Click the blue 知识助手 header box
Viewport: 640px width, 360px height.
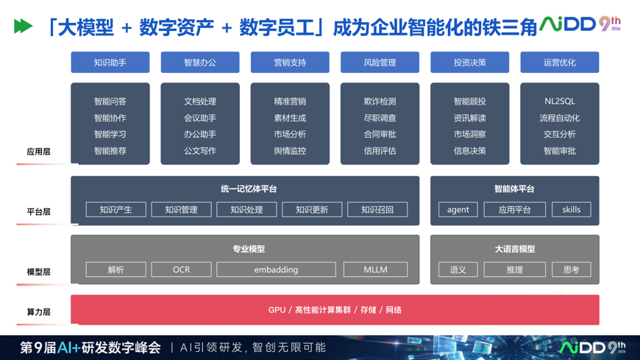click(110, 62)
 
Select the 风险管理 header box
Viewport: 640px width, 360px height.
click(380, 62)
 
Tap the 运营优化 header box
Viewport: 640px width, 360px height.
click(560, 62)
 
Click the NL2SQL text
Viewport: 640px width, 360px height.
click(560, 102)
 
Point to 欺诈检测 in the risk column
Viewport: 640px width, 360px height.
click(380, 102)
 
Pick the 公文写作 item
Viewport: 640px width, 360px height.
click(200, 151)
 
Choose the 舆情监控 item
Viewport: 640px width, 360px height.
click(290, 151)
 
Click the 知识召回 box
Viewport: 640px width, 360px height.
click(377, 210)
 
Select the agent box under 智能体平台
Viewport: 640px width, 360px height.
click(458, 210)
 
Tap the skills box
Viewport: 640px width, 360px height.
click(571, 210)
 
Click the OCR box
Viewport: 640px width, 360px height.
click(181, 269)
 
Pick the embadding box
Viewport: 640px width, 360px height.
click(277, 269)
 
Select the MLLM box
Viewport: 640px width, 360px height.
click(375, 269)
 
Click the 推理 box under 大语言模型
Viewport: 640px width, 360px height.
click(515, 269)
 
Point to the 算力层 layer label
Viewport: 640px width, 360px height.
click(39, 312)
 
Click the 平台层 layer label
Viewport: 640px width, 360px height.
click(39, 212)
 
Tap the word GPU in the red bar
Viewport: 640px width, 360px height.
click(277, 310)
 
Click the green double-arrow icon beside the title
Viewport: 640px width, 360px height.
click(23, 27)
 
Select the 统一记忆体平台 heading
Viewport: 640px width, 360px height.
click(249, 188)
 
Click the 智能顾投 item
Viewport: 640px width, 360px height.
click(470, 102)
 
